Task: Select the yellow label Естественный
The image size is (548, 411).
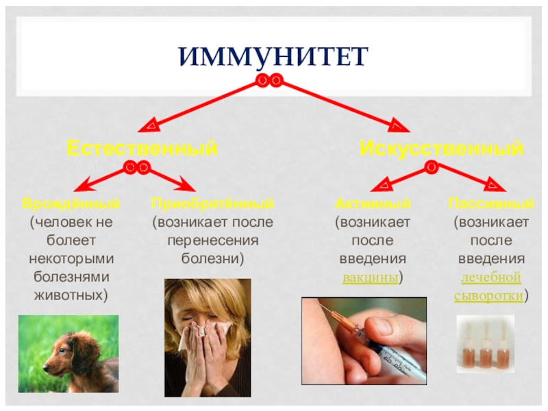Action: point(142,148)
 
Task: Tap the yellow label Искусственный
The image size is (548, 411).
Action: point(442,148)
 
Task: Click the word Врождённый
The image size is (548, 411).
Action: point(71,204)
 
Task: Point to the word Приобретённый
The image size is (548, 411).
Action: point(212,204)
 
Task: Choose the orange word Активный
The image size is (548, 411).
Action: point(373,204)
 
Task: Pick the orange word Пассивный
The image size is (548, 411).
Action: point(490,204)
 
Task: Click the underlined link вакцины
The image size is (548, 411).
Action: point(372,278)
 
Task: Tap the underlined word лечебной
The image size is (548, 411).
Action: point(490,278)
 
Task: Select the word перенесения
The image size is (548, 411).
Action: point(212,241)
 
